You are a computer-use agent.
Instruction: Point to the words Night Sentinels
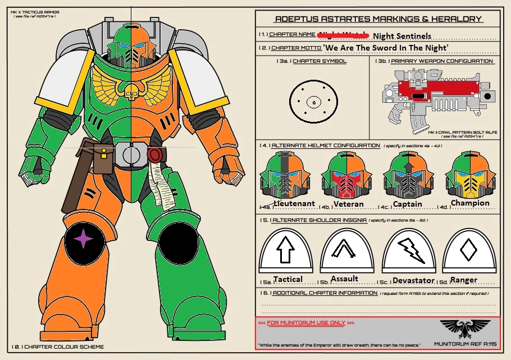[402, 36]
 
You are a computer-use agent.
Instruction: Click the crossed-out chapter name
[343, 35]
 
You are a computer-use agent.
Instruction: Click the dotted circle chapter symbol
[313, 102]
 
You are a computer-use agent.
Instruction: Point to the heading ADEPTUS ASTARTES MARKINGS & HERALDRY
[378, 19]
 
